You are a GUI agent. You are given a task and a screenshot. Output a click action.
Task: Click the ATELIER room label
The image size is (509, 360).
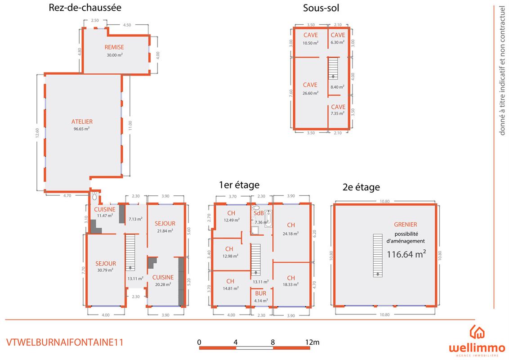(x=82, y=122)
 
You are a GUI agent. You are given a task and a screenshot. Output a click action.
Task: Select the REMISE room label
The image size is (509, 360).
(x=114, y=47)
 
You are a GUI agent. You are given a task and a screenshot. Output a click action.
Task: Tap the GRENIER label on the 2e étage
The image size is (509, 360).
(x=406, y=225)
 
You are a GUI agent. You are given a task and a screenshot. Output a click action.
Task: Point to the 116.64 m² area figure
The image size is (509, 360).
(x=406, y=254)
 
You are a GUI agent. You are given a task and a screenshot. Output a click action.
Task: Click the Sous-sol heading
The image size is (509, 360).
(x=321, y=8)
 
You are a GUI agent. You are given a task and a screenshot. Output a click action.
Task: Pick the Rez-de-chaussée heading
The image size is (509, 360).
(x=85, y=8)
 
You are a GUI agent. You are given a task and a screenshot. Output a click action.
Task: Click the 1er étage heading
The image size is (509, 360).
(x=239, y=185)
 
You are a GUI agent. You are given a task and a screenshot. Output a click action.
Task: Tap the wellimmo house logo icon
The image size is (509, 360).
(x=477, y=332)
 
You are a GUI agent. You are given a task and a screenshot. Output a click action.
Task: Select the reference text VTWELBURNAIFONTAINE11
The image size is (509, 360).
(x=65, y=342)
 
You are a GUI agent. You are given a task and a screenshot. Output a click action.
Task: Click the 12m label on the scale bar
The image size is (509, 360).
(x=313, y=342)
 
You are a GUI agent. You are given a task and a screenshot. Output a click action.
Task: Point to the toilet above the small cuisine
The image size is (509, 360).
(x=94, y=196)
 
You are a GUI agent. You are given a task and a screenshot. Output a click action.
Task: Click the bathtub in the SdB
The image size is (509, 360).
(x=268, y=218)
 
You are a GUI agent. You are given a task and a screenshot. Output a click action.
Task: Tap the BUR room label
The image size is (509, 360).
(x=261, y=293)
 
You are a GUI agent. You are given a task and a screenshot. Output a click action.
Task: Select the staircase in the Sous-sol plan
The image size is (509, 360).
(x=333, y=68)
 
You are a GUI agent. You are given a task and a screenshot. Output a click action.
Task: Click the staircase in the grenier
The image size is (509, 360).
(x=378, y=255)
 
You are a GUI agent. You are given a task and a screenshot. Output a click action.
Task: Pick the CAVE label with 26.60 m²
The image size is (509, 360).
(x=310, y=85)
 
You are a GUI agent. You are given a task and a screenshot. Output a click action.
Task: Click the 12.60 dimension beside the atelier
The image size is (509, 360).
(x=37, y=133)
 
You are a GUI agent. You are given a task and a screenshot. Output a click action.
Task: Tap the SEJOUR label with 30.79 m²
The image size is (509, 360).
(x=106, y=264)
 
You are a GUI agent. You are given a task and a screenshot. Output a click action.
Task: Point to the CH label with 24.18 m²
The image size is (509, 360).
(x=291, y=225)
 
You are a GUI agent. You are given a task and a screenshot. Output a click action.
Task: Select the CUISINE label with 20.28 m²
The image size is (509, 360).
(x=163, y=278)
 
